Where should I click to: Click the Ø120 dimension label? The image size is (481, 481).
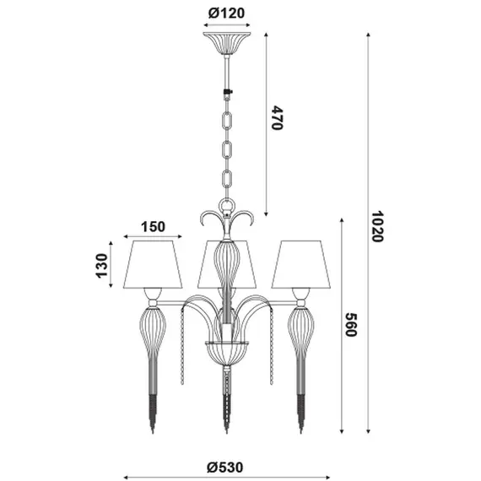226,14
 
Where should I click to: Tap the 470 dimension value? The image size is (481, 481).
277,118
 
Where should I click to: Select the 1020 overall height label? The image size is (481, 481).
376,226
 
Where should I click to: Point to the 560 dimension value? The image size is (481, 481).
350,325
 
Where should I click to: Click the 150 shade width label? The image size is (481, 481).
153,227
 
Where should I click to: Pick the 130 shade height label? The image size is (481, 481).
102,266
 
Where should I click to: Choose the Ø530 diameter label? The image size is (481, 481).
224,467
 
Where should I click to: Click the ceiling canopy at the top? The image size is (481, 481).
227,43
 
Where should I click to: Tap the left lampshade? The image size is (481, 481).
153,264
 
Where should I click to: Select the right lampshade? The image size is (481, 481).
300,264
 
